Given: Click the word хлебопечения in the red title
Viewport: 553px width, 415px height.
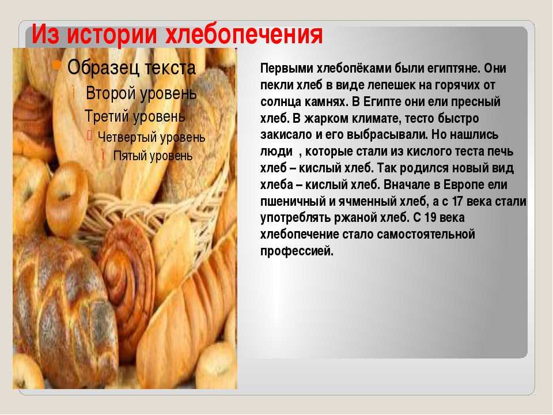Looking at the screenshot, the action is coord(244,35).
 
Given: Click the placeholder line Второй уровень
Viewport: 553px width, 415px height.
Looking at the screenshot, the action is coord(141,94).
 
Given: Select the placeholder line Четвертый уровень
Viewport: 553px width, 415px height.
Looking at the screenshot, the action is coord(151,137).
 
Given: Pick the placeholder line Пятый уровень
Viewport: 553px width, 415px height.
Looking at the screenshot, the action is coord(153,156).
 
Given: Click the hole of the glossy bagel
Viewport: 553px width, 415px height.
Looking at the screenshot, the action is coord(64,196).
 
